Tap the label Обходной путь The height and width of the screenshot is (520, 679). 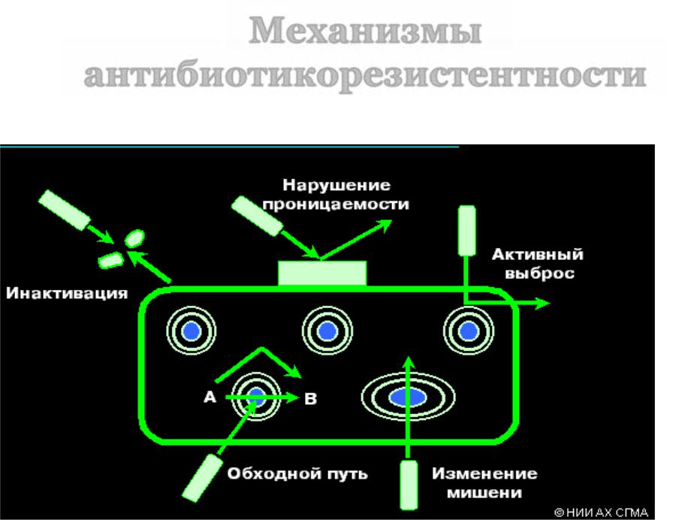(x=298, y=473)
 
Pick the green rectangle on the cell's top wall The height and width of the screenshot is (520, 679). (x=322, y=273)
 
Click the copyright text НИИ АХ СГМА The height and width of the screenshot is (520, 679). (x=601, y=511)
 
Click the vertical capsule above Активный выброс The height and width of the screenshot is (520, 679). (x=467, y=230)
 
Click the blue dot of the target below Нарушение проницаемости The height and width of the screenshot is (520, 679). (x=327, y=331)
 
